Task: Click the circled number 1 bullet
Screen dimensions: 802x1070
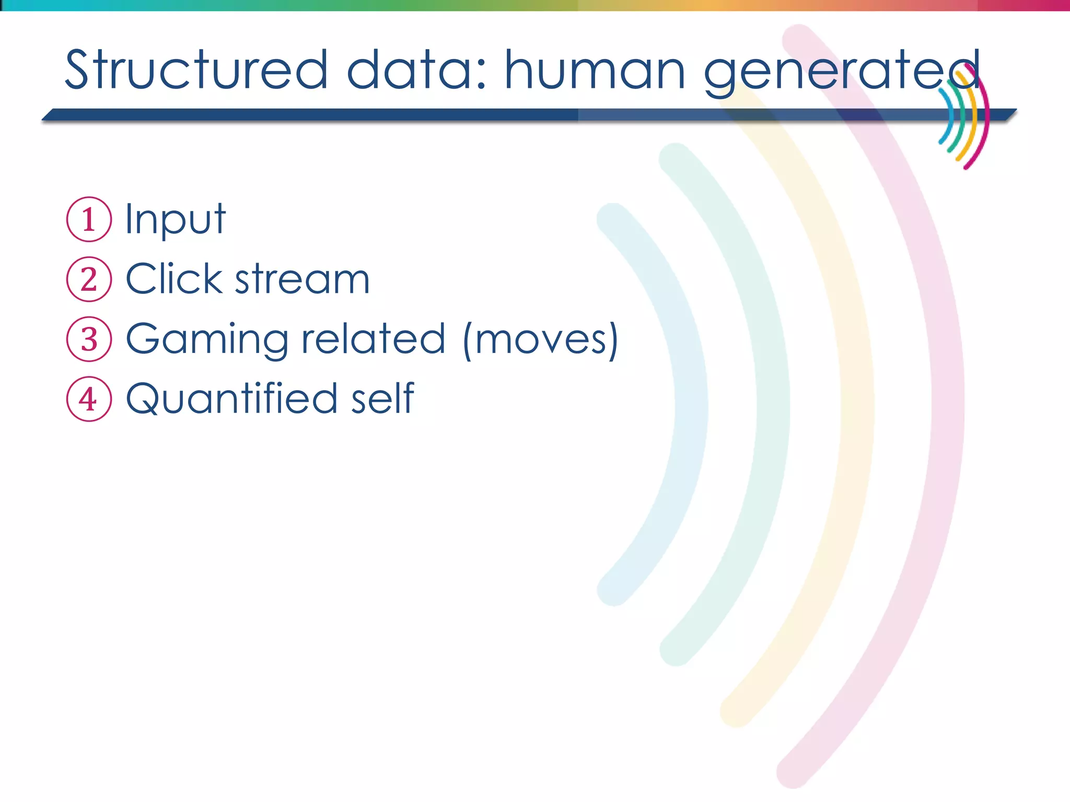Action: tap(89, 219)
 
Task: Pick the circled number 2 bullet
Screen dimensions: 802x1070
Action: tap(89, 279)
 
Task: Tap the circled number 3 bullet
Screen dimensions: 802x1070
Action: tap(89, 339)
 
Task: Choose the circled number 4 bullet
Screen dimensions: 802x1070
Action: tap(89, 399)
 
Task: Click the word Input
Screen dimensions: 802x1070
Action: tap(175, 219)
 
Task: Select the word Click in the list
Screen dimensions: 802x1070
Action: tap(174, 279)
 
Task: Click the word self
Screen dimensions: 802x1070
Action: tap(382, 398)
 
